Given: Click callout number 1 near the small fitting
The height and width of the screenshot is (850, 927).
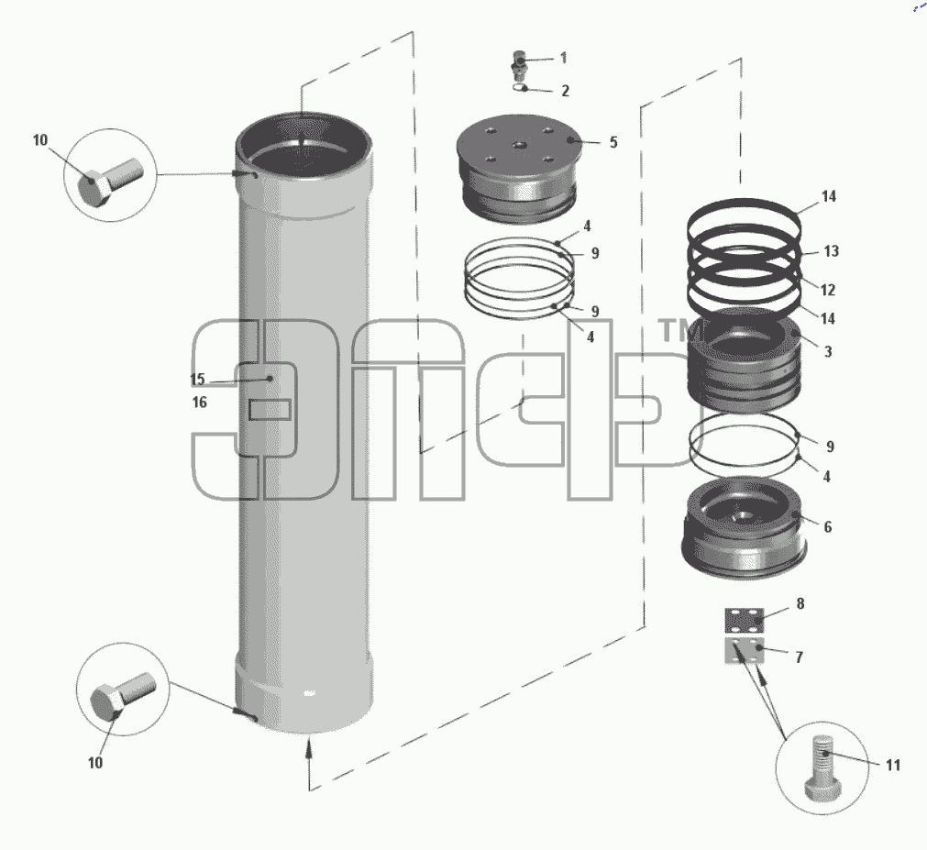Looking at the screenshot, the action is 563,58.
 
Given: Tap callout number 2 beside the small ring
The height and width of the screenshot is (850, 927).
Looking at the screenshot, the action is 565,91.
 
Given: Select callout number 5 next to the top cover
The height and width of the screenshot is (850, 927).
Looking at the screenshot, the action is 613,142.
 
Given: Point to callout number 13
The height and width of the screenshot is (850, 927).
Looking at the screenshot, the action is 832,251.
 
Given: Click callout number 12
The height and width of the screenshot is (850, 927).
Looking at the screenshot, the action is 828,290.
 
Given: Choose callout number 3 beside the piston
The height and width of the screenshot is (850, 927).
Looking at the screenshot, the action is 828,352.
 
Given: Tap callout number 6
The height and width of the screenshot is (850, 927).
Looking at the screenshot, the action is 828,526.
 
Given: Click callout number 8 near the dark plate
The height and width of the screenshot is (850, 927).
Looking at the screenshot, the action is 800,603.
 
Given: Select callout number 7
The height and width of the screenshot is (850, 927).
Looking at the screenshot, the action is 799,657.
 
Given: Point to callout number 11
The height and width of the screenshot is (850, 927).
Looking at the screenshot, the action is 893,765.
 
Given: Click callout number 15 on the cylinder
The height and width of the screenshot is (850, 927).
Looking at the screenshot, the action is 197,379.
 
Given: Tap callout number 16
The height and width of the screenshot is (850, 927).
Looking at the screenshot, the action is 200,403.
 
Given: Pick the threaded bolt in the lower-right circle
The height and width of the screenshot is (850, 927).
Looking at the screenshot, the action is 822,767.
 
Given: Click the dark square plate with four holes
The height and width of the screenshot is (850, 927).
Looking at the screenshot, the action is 745,621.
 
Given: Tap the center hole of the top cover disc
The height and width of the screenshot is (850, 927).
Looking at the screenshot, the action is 519,146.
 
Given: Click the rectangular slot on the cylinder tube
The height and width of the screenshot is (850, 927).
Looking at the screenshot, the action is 270,410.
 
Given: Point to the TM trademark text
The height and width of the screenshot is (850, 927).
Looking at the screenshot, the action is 679,330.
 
